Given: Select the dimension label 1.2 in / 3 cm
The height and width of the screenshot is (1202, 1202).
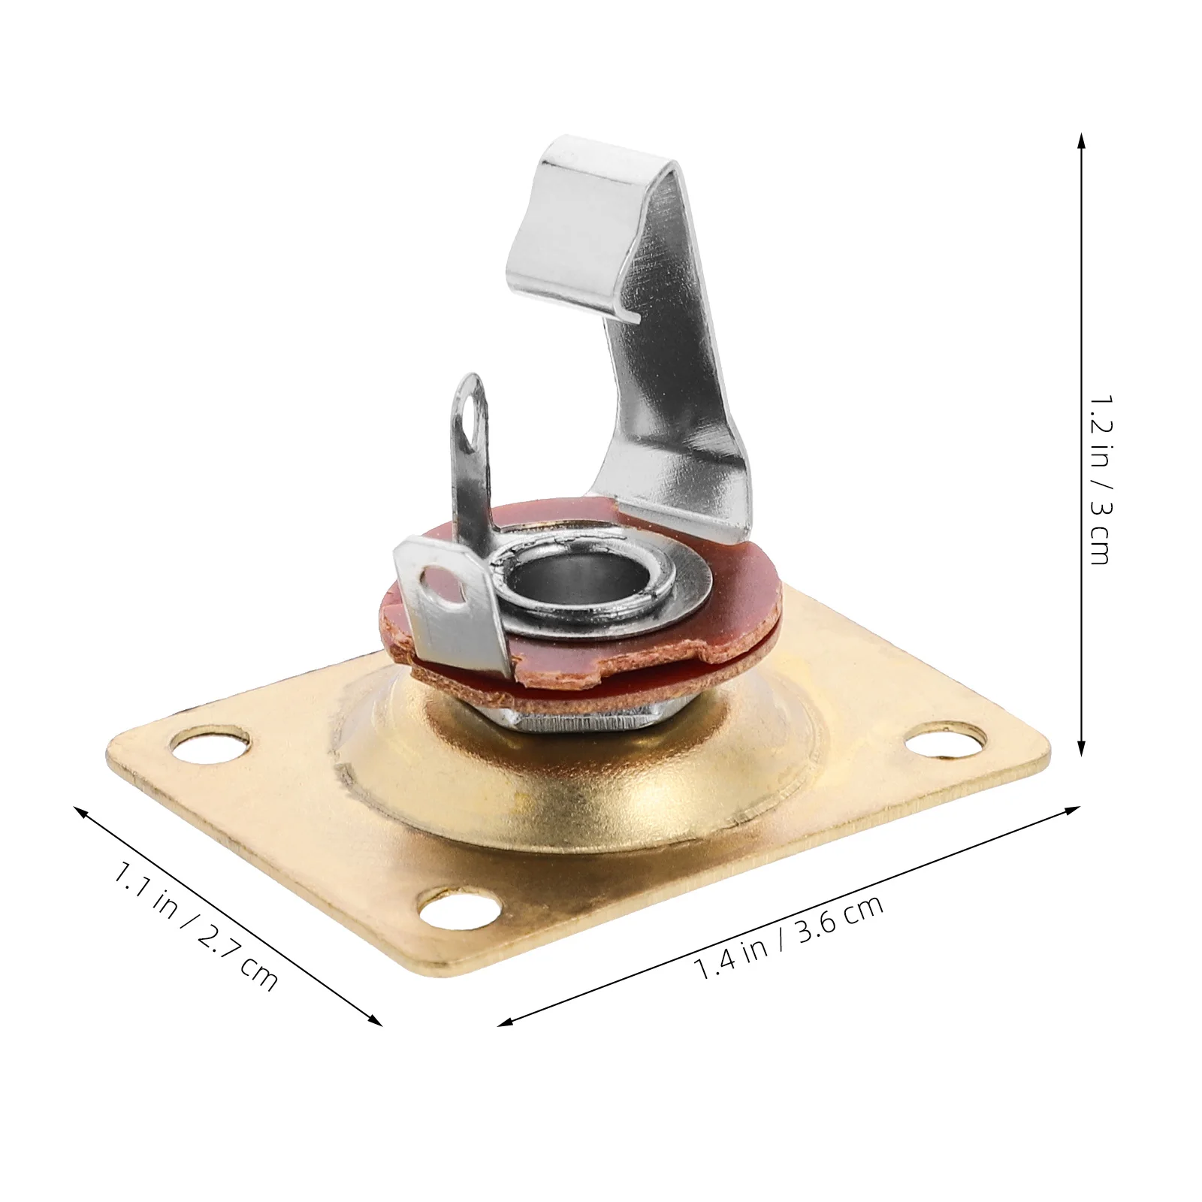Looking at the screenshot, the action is point(1101,480).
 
